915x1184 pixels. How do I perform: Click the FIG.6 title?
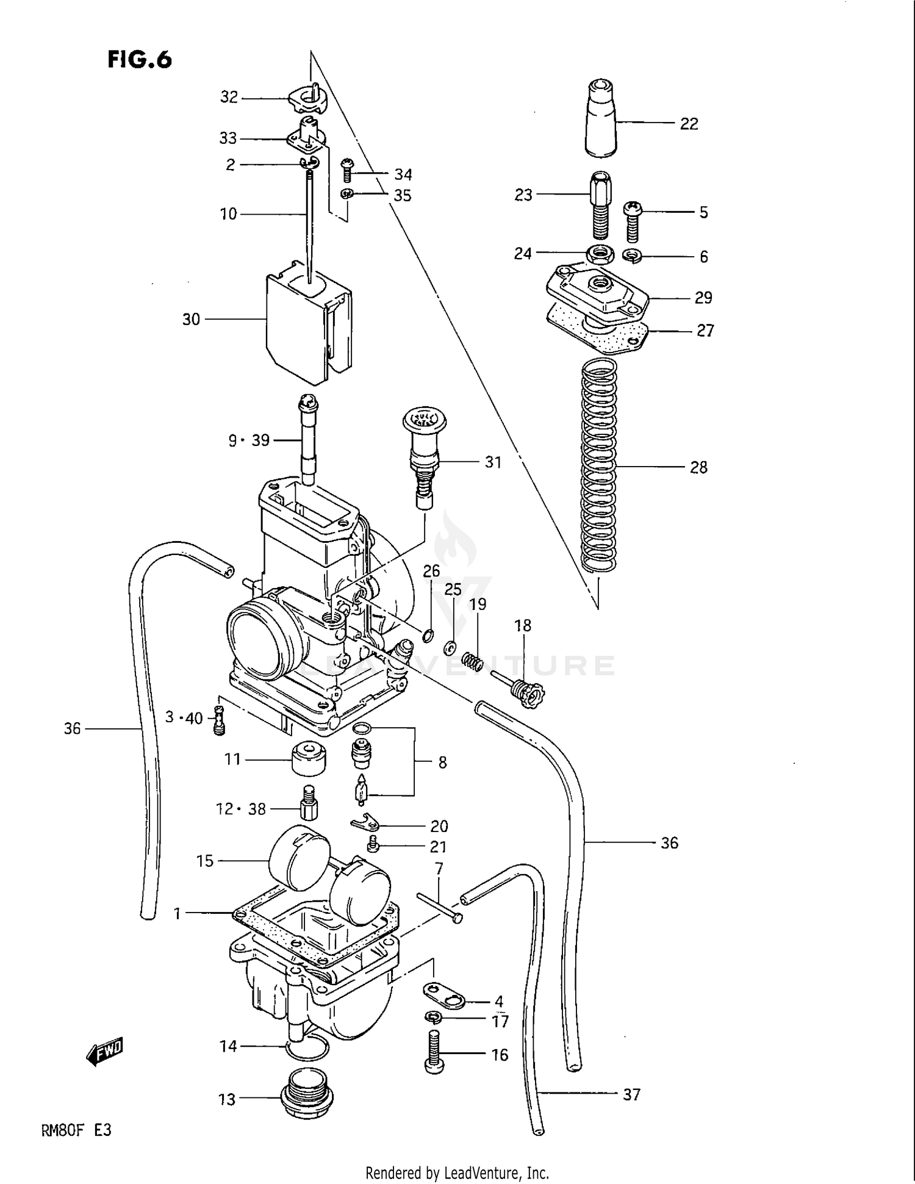click(x=140, y=60)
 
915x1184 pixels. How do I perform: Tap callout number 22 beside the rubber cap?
click(x=689, y=124)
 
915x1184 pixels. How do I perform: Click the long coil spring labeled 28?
click(x=599, y=467)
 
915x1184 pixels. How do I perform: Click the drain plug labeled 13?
click(x=307, y=1099)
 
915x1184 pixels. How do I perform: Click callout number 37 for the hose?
click(x=631, y=1094)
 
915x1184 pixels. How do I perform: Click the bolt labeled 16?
click(x=433, y=1052)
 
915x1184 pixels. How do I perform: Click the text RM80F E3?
click(x=76, y=1130)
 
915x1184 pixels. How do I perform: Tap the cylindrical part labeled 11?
click(x=308, y=758)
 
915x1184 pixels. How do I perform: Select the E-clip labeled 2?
click(x=310, y=162)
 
